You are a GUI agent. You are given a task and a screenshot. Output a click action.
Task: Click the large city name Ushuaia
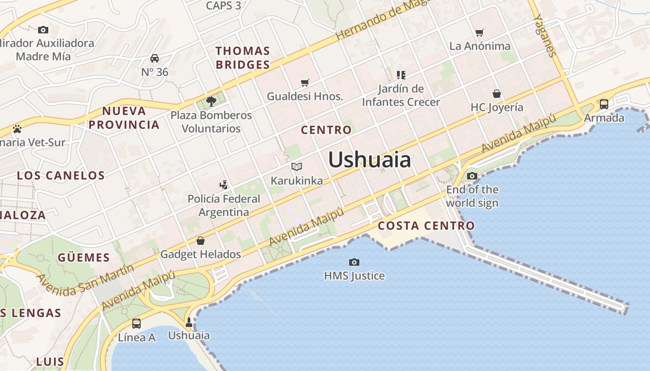(x=370, y=160)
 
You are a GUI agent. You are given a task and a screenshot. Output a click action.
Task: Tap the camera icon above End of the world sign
(x=472, y=176)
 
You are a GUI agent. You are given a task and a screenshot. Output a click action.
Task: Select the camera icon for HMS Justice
(x=354, y=262)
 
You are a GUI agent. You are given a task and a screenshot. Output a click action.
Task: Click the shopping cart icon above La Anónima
(x=480, y=32)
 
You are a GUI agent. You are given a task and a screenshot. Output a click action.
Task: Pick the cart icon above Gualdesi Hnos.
(x=305, y=83)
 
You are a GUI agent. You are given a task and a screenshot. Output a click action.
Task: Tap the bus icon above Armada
(x=604, y=104)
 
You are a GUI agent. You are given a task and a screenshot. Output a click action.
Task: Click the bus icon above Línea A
(x=136, y=323)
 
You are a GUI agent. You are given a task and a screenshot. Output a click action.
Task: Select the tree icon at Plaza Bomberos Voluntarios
(x=211, y=101)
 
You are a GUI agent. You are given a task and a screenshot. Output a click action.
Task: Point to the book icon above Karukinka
(x=297, y=166)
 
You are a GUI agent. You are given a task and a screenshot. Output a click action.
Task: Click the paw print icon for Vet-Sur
(x=17, y=128)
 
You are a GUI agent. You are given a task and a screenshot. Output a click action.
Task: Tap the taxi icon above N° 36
(x=155, y=58)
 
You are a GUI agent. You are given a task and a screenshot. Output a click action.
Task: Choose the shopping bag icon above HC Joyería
(x=497, y=94)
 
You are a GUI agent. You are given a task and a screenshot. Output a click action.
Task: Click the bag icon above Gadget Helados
(x=201, y=240)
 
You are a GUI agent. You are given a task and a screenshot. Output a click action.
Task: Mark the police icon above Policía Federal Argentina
(x=224, y=185)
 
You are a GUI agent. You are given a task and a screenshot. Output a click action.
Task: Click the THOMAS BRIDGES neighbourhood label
(x=243, y=58)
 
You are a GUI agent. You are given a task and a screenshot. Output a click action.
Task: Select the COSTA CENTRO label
(x=426, y=226)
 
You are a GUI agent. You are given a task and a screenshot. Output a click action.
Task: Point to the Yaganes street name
(x=545, y=35)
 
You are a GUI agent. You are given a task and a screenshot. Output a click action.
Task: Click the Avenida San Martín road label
(x=85, y=280)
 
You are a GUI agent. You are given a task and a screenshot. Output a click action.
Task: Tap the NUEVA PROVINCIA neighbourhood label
(x=124, y=118)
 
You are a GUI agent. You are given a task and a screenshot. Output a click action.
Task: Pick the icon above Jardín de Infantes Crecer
(x=401, y=75)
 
